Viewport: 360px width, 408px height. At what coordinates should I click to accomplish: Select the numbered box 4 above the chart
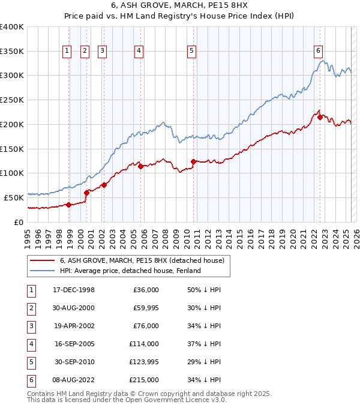click(139, 51)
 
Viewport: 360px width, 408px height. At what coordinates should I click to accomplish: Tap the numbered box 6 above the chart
click(318, 51)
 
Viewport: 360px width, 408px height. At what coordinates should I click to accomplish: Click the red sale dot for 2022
click(320, 117)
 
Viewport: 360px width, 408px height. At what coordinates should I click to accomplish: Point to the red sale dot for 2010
click(193, 161)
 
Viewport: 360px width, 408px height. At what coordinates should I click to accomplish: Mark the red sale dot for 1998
click(68, 205)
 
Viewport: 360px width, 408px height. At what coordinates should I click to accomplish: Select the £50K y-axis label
click(14, 197)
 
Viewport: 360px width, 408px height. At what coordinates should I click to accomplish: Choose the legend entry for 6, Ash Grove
click(142, 260)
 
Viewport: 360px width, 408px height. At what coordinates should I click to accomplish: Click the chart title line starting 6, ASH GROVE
click(180, 7)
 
